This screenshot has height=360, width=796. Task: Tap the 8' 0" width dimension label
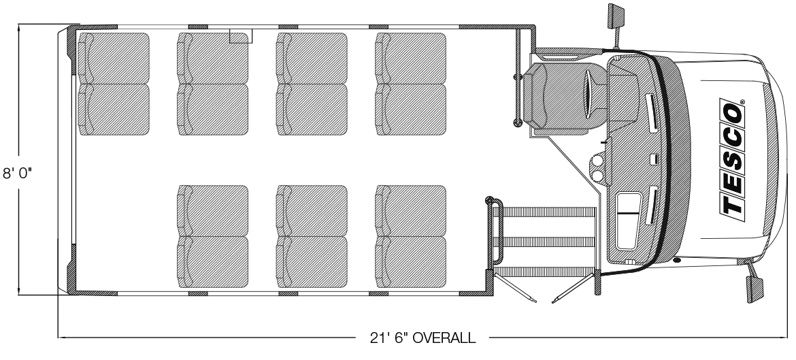pos(17,173)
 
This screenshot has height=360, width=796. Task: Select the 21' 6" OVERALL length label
pos(423,338)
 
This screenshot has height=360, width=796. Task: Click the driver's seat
pos(565,96)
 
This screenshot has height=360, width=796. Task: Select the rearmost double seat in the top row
pos(114,84)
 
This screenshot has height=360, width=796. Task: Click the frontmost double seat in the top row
pos(411,84)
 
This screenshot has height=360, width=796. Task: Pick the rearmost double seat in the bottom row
pos(213,236)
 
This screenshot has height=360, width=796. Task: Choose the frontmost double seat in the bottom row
pos(411,236)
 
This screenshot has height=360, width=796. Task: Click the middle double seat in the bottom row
pos(312,236)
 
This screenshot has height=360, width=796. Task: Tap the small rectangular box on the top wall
pos(241,35)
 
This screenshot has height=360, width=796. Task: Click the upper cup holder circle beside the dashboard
pos(597,161)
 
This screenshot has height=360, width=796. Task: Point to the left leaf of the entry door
pos(515,289)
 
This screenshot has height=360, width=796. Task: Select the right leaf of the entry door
pos(573,289)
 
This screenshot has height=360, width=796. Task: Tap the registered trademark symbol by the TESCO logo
pos(743,101)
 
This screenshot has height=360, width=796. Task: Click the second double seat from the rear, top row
pos(213,84)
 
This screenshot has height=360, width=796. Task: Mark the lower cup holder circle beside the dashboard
pos(597,176)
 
